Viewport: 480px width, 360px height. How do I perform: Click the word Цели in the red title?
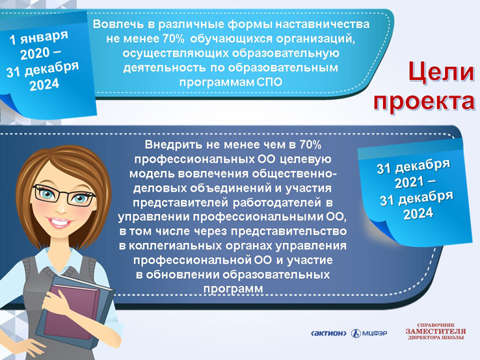coord(441,72)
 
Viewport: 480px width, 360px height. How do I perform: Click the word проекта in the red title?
coord(424,101)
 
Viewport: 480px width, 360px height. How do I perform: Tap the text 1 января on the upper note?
coord(39,37)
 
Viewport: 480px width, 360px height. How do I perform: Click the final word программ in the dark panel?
coord(233,289)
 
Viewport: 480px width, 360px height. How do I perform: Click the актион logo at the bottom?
coord(328,333)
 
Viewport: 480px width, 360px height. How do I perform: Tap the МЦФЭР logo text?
coord(375,333)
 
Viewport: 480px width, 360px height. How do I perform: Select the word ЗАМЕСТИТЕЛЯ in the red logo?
coord(436,331)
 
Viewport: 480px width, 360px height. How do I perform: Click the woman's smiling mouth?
coord(60,222)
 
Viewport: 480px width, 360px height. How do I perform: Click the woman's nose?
coord(61,209)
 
